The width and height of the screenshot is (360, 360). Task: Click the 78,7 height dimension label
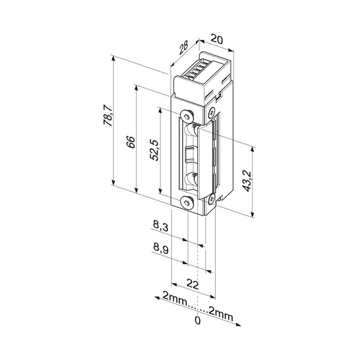108,115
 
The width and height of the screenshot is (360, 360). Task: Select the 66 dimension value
131,142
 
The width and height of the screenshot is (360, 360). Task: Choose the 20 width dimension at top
216,40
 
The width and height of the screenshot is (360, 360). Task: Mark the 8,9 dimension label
161,249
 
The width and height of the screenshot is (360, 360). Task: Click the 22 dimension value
193,285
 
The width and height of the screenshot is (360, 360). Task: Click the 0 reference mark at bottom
198,320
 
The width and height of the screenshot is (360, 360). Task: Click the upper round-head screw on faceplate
187,116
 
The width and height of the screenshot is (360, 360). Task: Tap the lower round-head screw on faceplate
187,202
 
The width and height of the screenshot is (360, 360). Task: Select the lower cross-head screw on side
211,199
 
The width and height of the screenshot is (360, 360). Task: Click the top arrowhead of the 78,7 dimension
113,58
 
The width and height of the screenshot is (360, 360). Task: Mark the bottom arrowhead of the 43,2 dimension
252,215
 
